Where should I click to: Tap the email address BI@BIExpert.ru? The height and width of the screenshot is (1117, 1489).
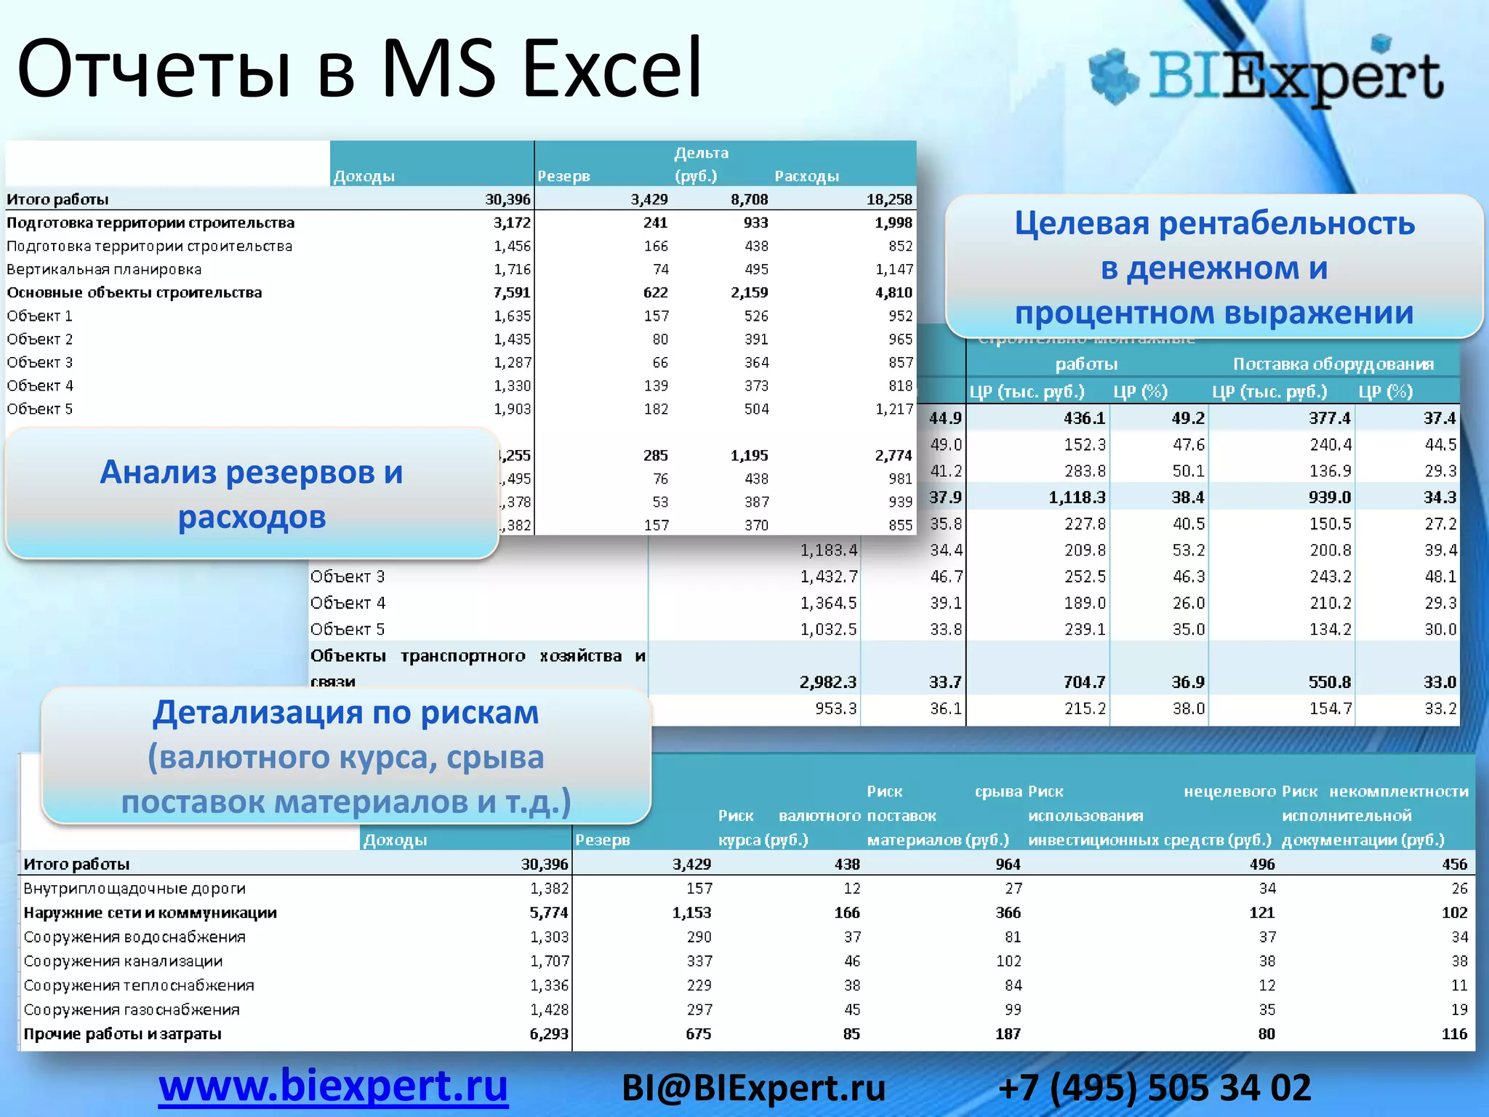(x=753, y=1089)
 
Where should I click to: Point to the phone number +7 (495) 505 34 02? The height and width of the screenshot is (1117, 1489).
(x=1155, y=1089)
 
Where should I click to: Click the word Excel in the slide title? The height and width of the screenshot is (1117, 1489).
(x=612, y=68)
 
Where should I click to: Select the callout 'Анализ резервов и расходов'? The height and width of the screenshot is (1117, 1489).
(x=252, y=494)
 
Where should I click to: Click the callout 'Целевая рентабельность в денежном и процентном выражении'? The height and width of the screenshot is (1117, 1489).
(x=1213, y=268)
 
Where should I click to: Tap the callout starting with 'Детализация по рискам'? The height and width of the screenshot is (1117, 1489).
(x=346, y=756)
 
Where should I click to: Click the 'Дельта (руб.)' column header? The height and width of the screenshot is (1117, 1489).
(x=699, y=164)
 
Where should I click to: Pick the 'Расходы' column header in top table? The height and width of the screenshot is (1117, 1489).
(x=806, y=176)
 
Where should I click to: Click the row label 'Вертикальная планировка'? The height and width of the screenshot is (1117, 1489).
(x=104, y=269)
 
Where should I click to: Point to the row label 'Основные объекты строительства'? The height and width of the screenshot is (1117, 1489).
(x=135, y=292)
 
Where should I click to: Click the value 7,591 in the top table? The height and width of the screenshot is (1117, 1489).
(x=512, y=292)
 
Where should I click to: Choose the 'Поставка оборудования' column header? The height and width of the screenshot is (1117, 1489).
(x=1333, y=364)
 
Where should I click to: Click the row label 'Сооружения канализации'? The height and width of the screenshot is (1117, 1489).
(x=123, y=961)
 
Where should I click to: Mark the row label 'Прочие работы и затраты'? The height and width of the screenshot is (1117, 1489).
(x=122, y=1034)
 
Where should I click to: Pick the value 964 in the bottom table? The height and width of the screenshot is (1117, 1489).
(x=1008, y=864)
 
